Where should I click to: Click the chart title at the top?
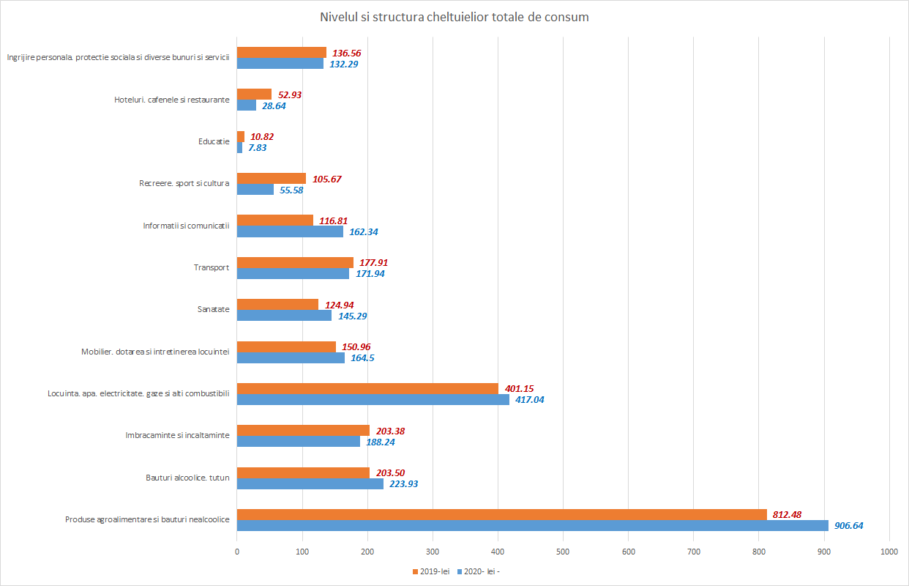tap(454, 17)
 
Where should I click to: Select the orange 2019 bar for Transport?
tap(295, 262)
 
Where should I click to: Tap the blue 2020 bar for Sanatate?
tap(284, 316)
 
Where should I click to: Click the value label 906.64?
tap(853, 525)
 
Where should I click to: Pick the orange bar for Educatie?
tap(241, 136)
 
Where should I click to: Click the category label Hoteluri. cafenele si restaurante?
tap(172, 100)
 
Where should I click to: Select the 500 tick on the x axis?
tap(563, 550)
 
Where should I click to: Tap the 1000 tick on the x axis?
tap(889, 550)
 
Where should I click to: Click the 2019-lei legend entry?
tap(432, 571)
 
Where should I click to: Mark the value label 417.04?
tap(530, 399)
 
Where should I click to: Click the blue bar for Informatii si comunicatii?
tap(290, 231)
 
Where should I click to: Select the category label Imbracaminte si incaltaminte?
tap(178, 436)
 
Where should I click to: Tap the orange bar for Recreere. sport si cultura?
tap(272, 178)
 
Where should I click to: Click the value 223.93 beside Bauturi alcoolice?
tap(404, 483)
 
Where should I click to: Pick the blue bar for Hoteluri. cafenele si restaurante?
tap(247, 105)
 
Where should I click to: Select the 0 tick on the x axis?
tap(237, 550)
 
